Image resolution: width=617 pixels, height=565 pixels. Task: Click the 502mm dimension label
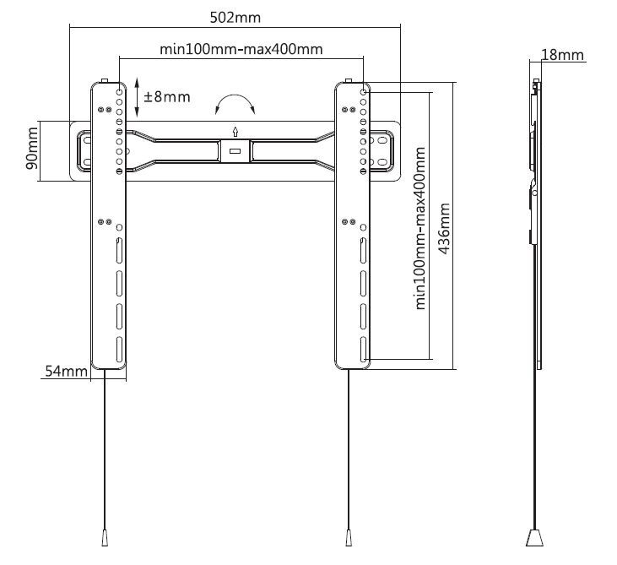pyautogui.click(x=235, y=18)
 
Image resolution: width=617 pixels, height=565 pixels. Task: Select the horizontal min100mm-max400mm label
pyautogui.click(x=241, y=49)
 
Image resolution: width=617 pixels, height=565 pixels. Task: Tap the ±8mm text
pyautogui.click(x=167, y=96)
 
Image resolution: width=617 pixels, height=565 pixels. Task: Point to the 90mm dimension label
pyautogui.click(x=32, y=148)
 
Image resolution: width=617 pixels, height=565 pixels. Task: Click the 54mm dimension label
pyautogui.click(x=66, y=371)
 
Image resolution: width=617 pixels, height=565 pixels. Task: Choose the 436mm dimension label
pyautogui.click(x=444, y=228)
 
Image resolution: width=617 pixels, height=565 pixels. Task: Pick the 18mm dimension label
pyautogui.click(x=563, y=55)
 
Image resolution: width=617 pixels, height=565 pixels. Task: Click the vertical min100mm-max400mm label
pyautogui.click(x=420, y=228)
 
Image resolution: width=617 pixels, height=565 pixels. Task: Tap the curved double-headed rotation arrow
pyautogui.click(x=235, y=95)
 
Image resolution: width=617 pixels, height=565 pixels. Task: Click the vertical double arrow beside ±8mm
pyautogui.click(x=137, y=97)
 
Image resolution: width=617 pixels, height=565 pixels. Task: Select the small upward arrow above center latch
pyautogui.click(x=235, y=132)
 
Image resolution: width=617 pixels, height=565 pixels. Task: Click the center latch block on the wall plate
pyautogui.click(x=235, y=150)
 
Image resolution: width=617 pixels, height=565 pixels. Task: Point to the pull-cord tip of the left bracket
pyautogui.click(x=105, y=537)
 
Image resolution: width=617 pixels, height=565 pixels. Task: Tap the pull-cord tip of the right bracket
pyautogui.click(x=349, y=537)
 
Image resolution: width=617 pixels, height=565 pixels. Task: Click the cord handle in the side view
pyautogui.click(x=534, y=537)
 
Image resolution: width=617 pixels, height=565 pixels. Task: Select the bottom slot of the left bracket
pyautogui.click(x=119, y=350)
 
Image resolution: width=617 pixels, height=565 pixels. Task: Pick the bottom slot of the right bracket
pyautogui.click(x=364, y=350)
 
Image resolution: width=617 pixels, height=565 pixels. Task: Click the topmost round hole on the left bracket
pyautogui.click(x=119, y=92)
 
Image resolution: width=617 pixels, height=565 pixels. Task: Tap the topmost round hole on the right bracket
pyautogui.click(x=364, y=92)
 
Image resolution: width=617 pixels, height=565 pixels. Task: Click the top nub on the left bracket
pyautogui.click(x=105, y=81)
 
